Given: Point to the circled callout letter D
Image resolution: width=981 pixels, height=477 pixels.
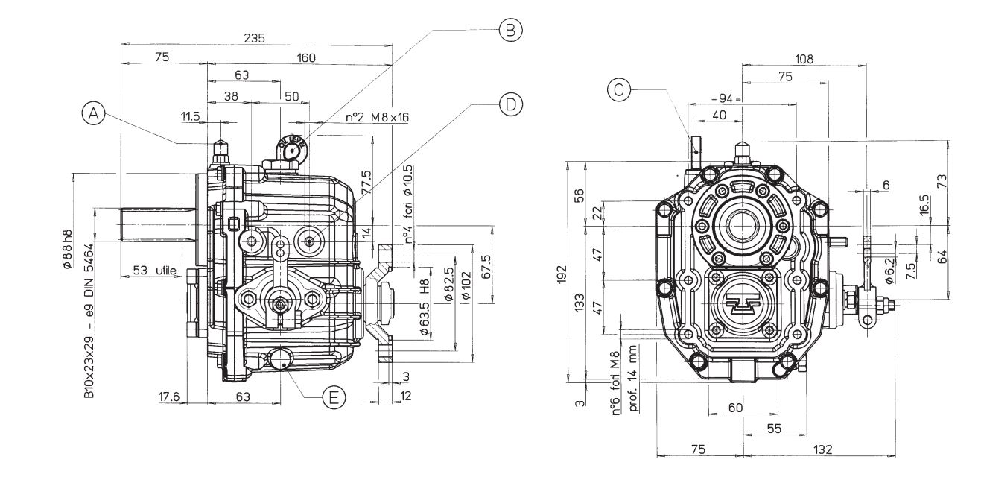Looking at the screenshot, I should pyautogui.click(x=509, y=104).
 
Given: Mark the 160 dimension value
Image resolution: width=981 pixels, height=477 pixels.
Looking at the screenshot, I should pyautogui.click(x=305, y=57).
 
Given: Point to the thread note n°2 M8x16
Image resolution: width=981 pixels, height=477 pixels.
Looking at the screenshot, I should pyautogui.click(x=377, y=117).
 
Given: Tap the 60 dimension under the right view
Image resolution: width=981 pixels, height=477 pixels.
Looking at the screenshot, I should pyautogui.click(x=735, y=408).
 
